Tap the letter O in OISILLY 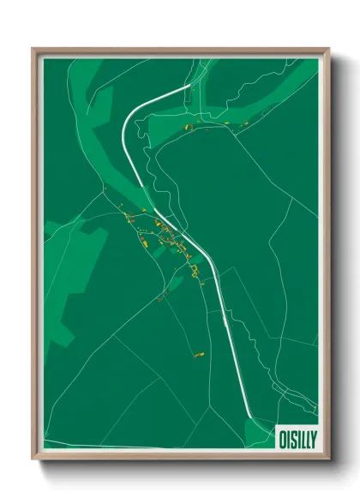click(x=282, y=437)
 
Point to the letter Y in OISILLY click(x=313, y=437)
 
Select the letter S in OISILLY click(x=292, y=437)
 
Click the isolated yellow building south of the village click(x=200, y=353)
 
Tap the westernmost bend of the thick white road click(x=124, y=129)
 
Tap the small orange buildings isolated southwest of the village click(x=160, y=299)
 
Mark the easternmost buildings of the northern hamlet click(x=243, y=123)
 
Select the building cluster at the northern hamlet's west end click(x=183, y=129)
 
